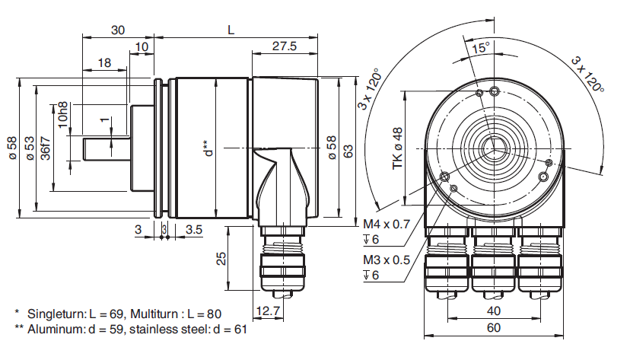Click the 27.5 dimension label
(x=285, y=46)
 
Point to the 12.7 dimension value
(x=268, y=311)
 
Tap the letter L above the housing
(x=231, y=30)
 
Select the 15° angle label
(x=481, y=48)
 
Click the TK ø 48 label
(x=397, y=148)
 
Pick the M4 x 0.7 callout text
(x=387, y=224)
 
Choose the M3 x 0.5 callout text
(x=387, y=260)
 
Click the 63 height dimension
(x=348, y=151)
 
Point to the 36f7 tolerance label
(x=46, y=148)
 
